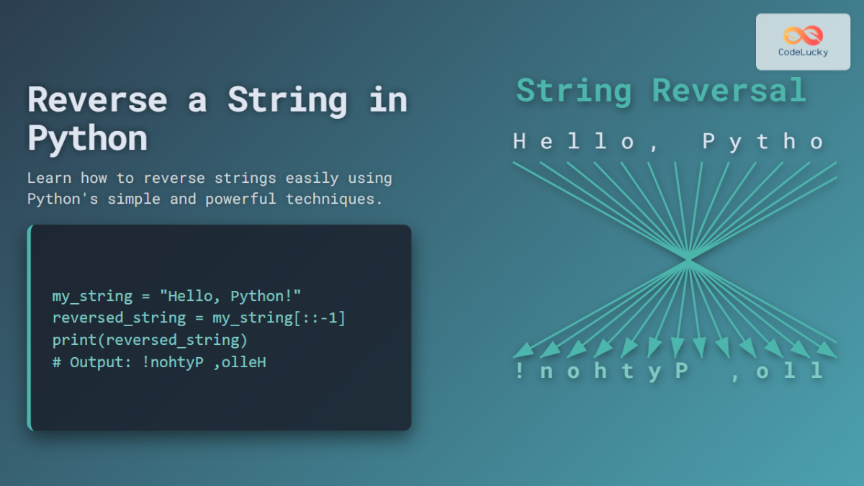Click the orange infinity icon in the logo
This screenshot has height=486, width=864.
click(803, 35)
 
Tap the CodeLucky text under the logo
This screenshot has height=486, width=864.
click(803, 53)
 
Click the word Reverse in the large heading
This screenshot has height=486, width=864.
click(96, 100)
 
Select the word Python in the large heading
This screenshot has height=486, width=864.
click(87, 138)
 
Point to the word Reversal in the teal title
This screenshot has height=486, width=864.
click(729, 91)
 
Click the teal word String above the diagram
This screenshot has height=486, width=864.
click(574, 91)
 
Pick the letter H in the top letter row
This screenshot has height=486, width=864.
click(520, 142)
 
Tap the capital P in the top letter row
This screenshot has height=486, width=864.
click(710, 142)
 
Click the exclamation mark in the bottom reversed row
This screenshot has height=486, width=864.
click(520, 372)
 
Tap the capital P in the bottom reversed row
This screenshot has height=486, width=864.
click(680, 372)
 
